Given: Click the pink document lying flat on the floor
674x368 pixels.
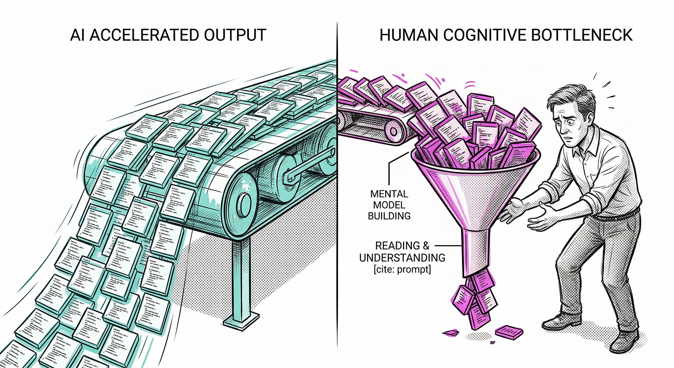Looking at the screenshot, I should [509, 331].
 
